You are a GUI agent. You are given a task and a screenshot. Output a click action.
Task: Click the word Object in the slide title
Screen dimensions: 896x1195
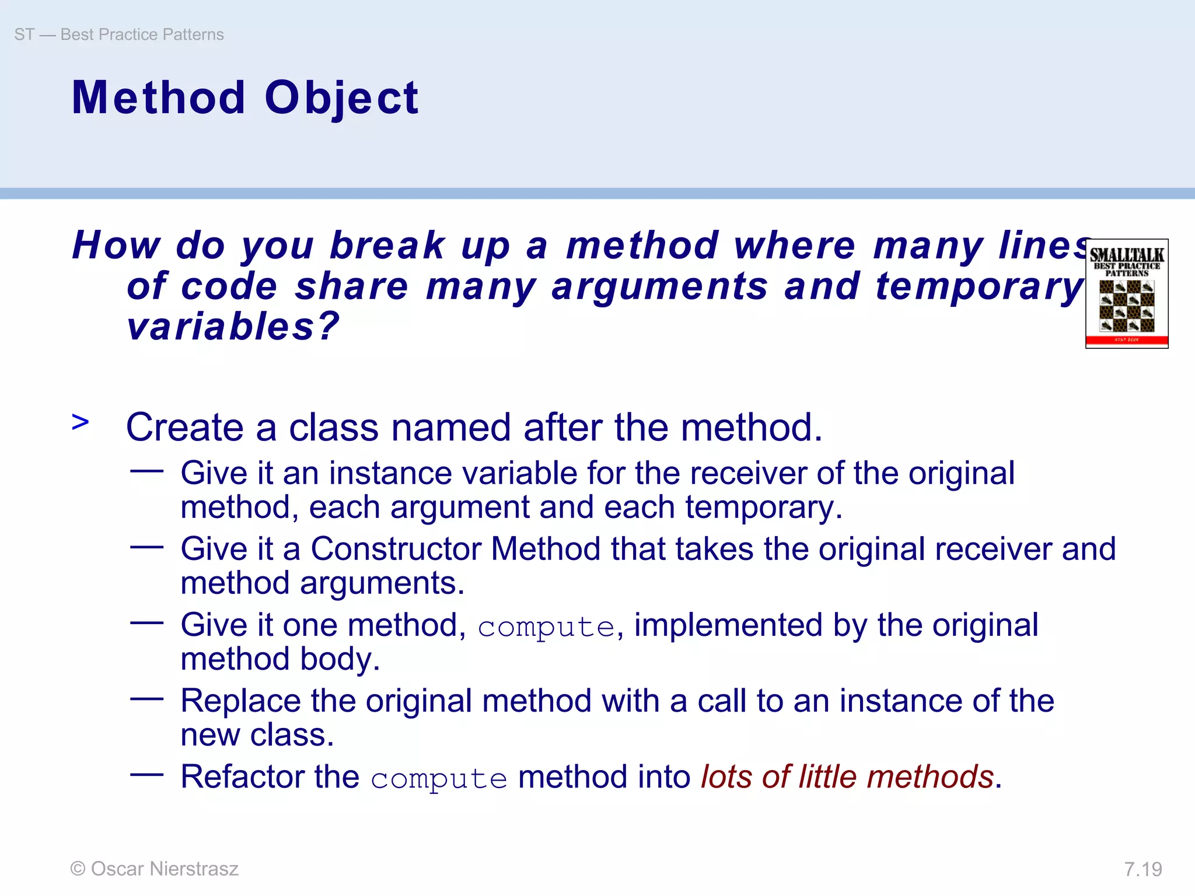(341, 97)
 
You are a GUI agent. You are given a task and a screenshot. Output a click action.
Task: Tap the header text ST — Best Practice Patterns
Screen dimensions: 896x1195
(119, 34)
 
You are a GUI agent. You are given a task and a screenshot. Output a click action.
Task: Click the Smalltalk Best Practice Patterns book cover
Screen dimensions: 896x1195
(1126, 293)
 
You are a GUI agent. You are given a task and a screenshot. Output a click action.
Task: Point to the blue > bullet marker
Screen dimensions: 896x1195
(81, 422)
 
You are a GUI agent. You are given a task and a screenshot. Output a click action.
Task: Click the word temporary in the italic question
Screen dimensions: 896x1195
(980, 286)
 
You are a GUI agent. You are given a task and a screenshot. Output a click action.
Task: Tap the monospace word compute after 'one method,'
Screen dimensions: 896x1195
(546, 628)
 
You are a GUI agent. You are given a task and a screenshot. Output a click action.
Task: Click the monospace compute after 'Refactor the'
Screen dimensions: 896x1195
(439, 779)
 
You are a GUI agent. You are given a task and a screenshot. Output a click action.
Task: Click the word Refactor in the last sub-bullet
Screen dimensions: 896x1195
(242, 777)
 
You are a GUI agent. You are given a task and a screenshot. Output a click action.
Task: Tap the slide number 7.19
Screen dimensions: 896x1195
(1142, 869)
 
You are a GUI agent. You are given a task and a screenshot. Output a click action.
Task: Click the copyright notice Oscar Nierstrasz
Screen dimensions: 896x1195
(155, 869)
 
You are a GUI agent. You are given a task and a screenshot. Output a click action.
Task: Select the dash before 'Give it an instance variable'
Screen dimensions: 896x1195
(146, 471)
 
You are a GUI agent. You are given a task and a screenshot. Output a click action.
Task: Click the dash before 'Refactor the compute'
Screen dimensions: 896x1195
(146, 775)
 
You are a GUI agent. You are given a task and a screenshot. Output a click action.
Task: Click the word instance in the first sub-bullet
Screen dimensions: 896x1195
(390, 473)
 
